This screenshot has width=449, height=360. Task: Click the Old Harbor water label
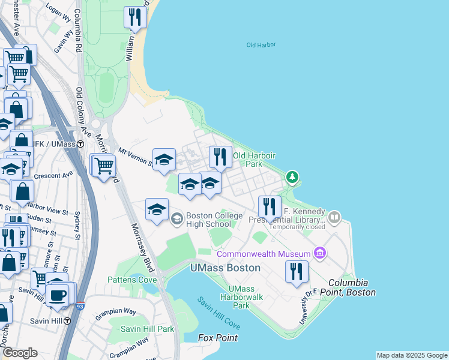(260, 45)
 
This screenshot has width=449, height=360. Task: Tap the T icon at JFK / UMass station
(88, 145)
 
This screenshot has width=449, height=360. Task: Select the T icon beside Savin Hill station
(67, 321)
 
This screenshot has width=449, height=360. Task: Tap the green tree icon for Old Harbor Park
(292, 177)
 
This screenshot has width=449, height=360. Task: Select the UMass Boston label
(225, 268)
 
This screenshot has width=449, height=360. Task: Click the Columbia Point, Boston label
(352, 287)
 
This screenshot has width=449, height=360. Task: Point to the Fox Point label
(218, 338)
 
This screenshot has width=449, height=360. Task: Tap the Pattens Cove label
(132, 280)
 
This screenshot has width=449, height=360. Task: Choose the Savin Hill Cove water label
(219, 312)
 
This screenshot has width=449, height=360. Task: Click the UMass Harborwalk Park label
(241, 297)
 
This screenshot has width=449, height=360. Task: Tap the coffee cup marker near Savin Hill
(58, 295)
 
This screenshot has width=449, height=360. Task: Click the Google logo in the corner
(20, 353)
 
